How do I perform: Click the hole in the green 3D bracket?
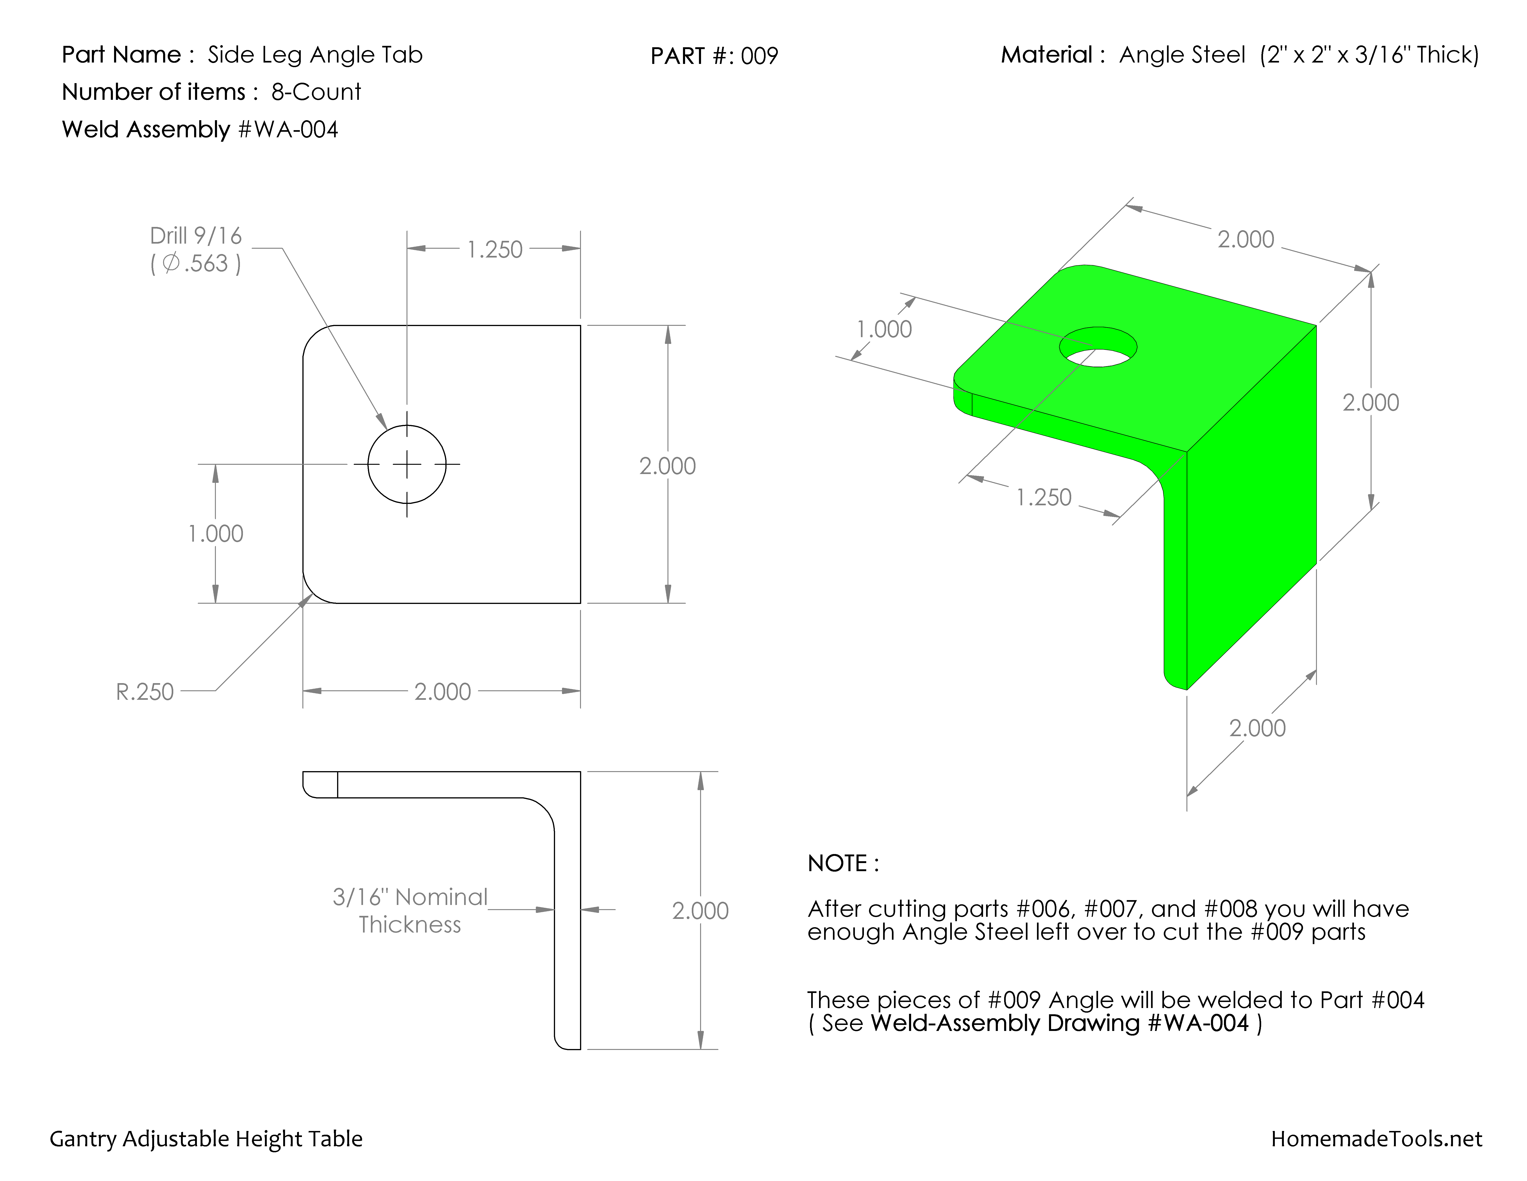coord(1098,347)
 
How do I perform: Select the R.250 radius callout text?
coord(145,691)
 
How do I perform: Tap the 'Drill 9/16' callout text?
coord(196,236)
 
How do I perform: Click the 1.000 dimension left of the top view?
coord(215,534)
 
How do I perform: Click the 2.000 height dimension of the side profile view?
coord(700,910)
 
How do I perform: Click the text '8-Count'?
coord(316,92)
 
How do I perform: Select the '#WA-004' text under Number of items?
coord(288,129)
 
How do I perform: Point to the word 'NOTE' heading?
coord(838,863)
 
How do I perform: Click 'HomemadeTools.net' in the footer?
coord(1376,1139)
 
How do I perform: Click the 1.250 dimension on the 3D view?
coord(1043,497)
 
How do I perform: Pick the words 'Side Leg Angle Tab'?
coord(315,55)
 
